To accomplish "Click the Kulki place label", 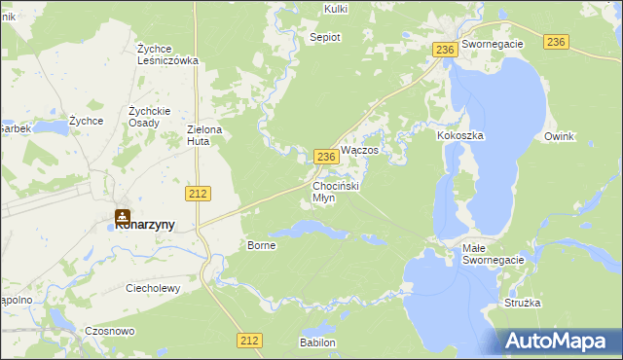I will (x=335, y=9).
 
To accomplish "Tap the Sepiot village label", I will (x=324, y=37).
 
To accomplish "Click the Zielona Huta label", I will (x=204, y=135).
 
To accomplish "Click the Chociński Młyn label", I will (x=337, y=191).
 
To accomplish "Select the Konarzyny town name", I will (x=145, y=225).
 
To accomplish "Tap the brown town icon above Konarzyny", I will (x=123, y=216).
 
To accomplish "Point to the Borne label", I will (x=262, y=245).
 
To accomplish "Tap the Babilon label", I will (x=318, y=343).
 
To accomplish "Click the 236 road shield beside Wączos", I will (x=326, y=157).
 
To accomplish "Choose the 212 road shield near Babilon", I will (x=248, y=340).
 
